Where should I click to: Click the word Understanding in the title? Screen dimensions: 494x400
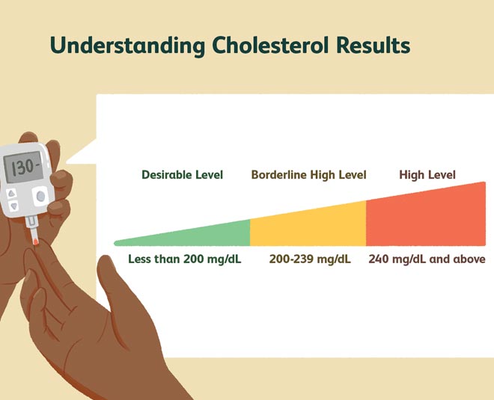[x=127, y=46]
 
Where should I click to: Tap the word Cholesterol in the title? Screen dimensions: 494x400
[x=270, y=45]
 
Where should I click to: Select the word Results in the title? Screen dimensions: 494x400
[x=373, y=45]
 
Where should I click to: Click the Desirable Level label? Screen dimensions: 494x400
[x=182, y=175]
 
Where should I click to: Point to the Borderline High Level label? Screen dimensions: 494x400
[x=308, y=175]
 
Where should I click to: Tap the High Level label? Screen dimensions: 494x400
[x=427, y=175]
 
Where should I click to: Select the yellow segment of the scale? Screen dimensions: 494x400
[x=308, y=225]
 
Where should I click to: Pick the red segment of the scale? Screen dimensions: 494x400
[x=426, y=215]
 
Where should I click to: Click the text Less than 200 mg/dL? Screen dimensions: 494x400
[x=185, y=259]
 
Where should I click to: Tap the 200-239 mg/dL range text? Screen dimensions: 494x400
[x=310, y=259]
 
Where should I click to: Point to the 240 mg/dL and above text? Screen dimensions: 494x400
[x=427, y=259]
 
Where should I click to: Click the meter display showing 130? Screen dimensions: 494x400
[x=23, y=167]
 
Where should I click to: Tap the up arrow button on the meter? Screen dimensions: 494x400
[x=12, y=194]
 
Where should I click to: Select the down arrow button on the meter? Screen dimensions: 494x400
[x=14, y=206]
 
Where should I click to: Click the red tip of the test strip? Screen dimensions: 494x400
[x=36, y=241]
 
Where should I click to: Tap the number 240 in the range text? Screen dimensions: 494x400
[x=379, y=259]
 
